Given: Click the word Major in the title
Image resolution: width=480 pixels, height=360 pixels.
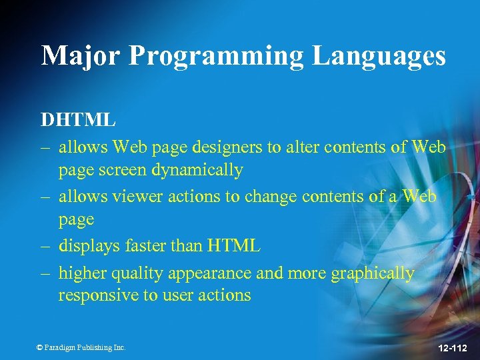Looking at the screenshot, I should [80, 55].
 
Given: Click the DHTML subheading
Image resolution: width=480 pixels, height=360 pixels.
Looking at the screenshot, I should [79, 120].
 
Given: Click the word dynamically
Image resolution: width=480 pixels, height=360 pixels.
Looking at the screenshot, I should [197, 169].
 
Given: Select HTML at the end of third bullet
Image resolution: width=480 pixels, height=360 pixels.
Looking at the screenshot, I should [233, 245].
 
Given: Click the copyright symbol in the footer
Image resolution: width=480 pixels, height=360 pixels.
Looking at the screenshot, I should [39, 347].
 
